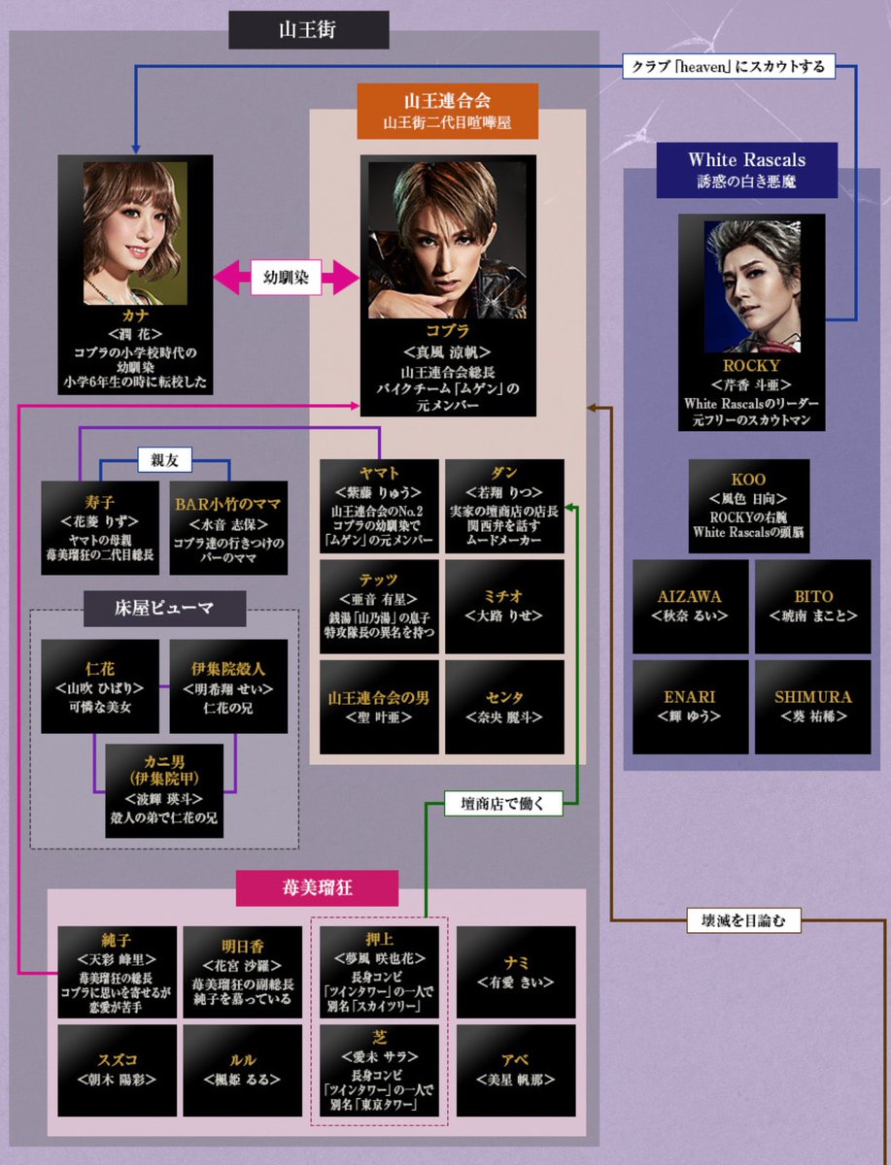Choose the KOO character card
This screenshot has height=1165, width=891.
[x=748, y=506]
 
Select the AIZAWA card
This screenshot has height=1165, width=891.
[x=691, y=606]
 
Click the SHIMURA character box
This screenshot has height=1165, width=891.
[x=813, y=707]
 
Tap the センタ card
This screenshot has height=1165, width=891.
[x=504, y=707]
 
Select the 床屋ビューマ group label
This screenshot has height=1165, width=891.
[x=163, y=609]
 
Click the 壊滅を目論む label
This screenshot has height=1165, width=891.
[x=743, y=919]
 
